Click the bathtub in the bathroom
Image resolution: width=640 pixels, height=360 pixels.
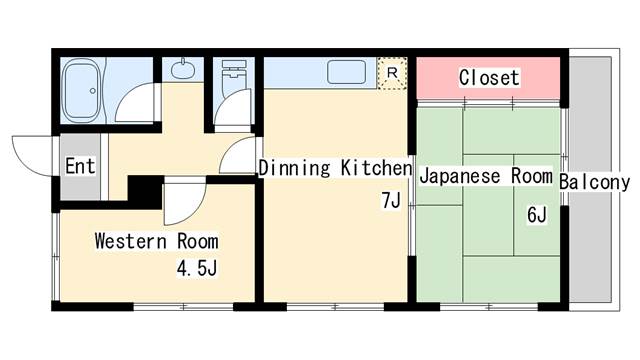(83, 90)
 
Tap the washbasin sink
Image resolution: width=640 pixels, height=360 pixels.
(182, 69)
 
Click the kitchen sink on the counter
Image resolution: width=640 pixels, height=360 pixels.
(346, 72)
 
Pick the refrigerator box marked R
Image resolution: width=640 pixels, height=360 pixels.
(392, 73)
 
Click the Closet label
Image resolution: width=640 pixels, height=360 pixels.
(489, 77)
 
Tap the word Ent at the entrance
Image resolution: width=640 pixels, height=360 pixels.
(80, 166)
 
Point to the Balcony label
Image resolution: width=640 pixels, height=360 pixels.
(594, 182)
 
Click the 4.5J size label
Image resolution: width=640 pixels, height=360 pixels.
(197, 268)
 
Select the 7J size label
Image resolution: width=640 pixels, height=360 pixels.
(391, 200)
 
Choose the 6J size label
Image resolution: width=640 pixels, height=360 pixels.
(537, 215)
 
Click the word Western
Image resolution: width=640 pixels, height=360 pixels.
(131, 241)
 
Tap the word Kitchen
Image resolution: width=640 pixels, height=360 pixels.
(377, 168)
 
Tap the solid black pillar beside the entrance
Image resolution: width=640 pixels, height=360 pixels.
(146, 192)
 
